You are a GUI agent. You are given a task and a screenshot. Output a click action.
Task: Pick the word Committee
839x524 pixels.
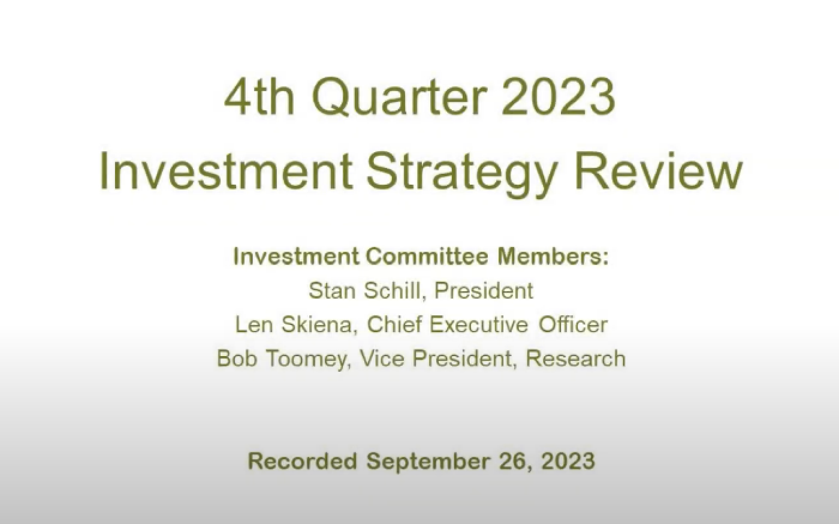click(427, 257)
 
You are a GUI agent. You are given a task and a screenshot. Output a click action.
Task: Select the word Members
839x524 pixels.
click(553, 257)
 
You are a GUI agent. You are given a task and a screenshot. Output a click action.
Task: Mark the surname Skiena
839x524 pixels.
click(318, 324)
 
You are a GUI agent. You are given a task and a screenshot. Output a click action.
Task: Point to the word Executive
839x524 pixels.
click(479, 324)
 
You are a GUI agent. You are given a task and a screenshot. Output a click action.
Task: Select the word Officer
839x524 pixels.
click(573, 324)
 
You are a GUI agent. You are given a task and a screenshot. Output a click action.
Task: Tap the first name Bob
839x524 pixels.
click(237, 358)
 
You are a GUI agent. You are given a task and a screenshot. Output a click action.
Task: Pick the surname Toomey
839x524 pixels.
click(309, 359)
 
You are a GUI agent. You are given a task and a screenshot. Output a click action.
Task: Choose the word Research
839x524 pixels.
click(575, 358)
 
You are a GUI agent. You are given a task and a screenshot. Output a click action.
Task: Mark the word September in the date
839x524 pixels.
click(428, 462)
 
